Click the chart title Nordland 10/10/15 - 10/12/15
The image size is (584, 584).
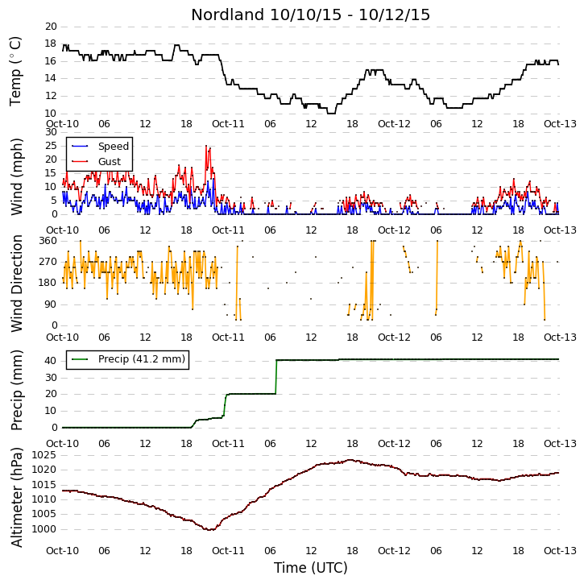coord(310,14)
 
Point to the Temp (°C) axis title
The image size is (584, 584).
coord(15,71)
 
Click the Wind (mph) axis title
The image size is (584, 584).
coord(16,176)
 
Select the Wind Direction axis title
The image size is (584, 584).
coord(16,283)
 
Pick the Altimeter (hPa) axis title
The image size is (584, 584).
coord(16,497)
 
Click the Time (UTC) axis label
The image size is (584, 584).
coord(311,568)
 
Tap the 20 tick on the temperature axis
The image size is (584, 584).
coord(51,27)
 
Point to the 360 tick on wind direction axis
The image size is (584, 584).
coord(48,241)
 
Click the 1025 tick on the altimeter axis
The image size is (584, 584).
coord(44,455)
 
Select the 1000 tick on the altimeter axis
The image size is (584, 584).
coord(44,529)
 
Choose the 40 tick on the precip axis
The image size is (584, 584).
coord(51,361)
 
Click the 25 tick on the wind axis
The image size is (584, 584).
coord(51,146)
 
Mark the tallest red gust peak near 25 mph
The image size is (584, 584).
coord(206,146)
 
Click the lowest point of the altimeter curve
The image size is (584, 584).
coord(210,529)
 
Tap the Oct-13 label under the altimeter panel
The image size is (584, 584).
coord(560,550)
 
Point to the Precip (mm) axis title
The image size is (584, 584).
coord(16,391)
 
